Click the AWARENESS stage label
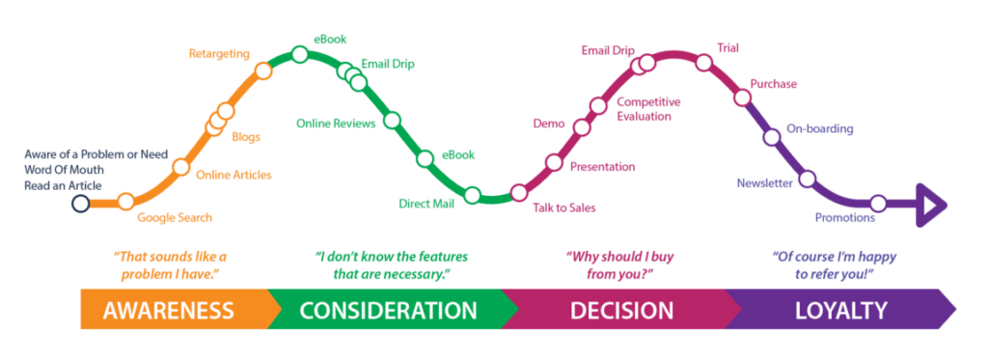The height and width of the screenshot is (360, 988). tap(168, 311)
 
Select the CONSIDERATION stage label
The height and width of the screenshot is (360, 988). tap(388, 311)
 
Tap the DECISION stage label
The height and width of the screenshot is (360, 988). tap(621, 311)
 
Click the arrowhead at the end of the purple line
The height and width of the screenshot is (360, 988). tap(936, 205)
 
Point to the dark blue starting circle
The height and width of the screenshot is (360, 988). tap(81, 203)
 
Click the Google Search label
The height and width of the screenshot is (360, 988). tap(174, 217)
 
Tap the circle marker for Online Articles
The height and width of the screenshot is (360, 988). tap(180, 167)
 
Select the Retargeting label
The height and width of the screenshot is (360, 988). tap(219, 53)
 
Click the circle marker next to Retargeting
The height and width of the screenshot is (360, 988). tap(262, 69)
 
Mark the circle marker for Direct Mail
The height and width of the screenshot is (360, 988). tap(473, 195)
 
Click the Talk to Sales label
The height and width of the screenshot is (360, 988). tap(563, 207)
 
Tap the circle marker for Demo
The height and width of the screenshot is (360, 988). tap(581, 127)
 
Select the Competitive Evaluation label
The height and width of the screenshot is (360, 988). tap(649, 108)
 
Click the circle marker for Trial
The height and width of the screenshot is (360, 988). tap(703, 63)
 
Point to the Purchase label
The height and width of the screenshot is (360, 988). tap(774, 84)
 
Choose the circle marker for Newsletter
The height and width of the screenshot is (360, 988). tap(808, 178)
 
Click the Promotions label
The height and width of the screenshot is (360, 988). tap(844, 218)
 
